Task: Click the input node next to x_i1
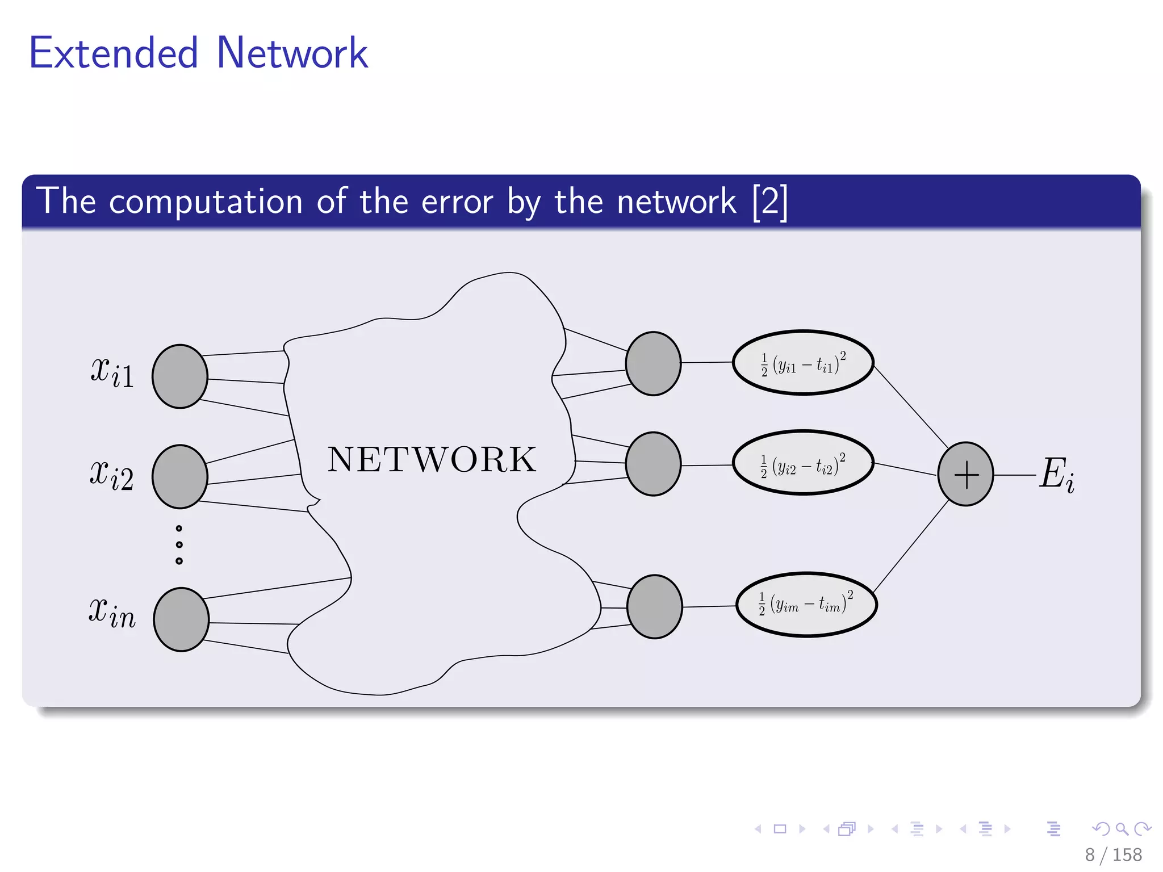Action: [180, 376]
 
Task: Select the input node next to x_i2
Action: [180, 476]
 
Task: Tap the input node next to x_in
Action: [181, 619]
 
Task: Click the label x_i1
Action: [112, 372]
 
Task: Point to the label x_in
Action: [112, 614]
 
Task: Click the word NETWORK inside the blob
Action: [432, 459]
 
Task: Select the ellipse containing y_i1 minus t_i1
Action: [803, 363]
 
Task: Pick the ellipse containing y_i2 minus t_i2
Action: [803, 463]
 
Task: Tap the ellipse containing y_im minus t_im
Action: [806, 605]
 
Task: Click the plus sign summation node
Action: [965, 474]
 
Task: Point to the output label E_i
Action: [1057, 474]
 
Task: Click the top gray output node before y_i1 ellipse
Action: [653, 363]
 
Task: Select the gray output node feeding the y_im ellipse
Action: [654, 607]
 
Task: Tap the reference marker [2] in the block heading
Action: [769, 201]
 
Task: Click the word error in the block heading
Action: [457, 202]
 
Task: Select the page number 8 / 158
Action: [1113, 854]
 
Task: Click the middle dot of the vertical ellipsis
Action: [179, 544]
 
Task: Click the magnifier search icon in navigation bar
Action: [1122, 829]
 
